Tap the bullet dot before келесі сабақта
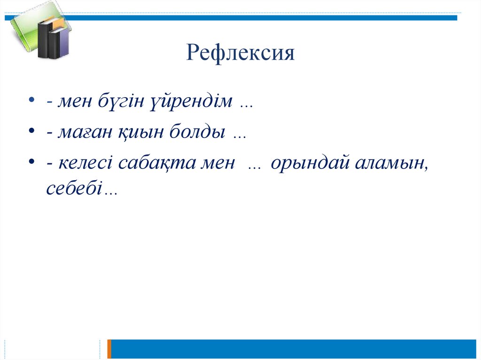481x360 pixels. coord(31,161)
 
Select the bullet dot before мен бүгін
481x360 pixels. coord(31,100)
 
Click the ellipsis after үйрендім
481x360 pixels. coord(247,105)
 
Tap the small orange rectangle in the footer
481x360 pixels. coord(109,349)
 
